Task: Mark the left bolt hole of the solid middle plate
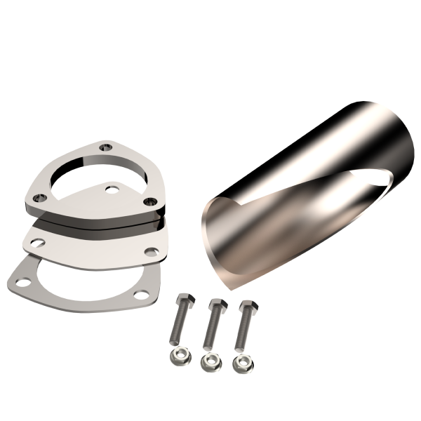click(x=36, y=243)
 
